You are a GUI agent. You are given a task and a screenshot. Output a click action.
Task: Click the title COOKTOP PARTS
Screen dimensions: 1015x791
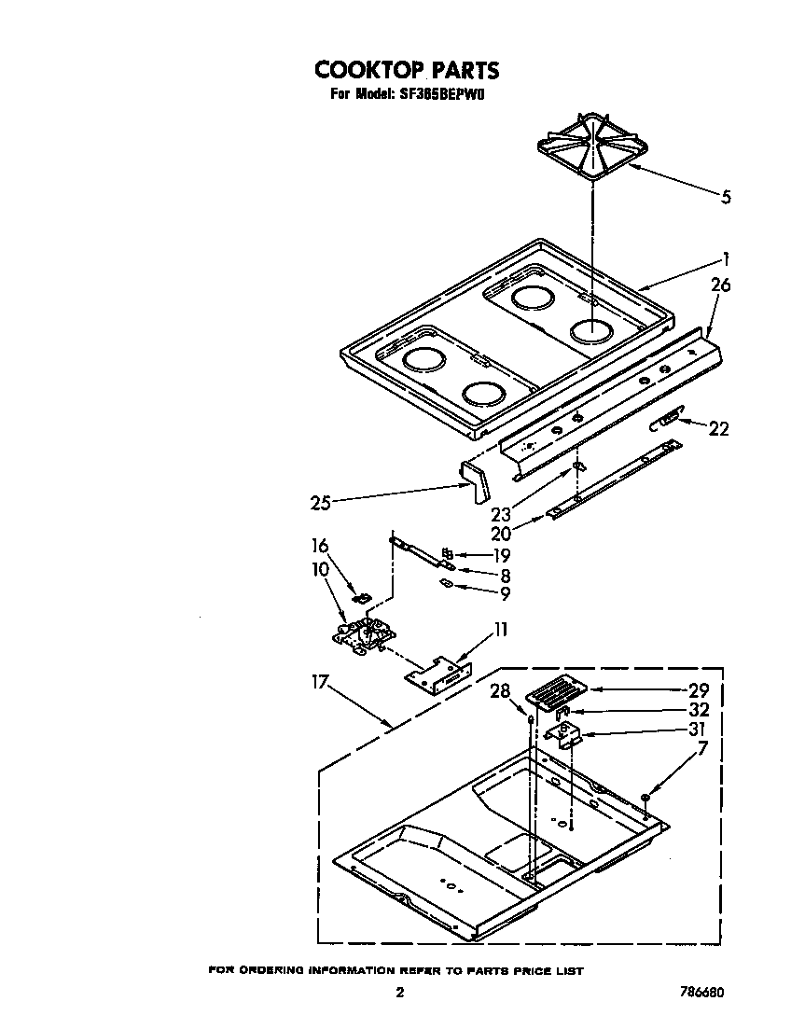(x=406, y=70)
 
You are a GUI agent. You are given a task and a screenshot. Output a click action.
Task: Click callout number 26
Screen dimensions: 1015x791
(x=720, y=285)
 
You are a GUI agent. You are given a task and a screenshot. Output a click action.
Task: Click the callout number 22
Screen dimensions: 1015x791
(x=718, y=429)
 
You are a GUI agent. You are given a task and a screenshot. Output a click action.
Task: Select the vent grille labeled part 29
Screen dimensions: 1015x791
(x=555, y=694)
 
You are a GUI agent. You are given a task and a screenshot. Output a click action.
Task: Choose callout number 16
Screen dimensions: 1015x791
(x=320, y=546)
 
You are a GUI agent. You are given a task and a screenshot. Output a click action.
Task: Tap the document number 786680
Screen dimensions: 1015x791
(x=700, y=993)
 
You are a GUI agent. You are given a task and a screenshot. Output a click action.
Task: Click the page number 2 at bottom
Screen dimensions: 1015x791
(x=399, y=993)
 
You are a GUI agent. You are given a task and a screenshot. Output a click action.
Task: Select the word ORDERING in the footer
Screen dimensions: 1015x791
(x=271, y=971)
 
